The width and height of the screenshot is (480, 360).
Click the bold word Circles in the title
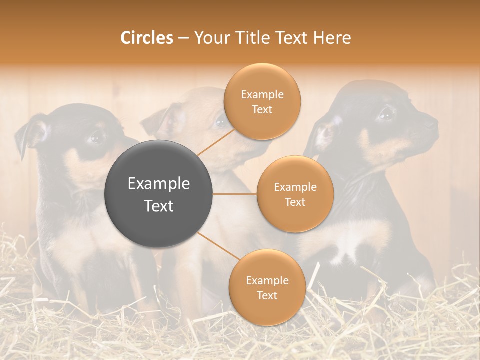tap(146, 37)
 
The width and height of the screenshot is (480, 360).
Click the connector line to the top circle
tap(216, 141)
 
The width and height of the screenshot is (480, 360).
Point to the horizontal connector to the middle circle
tap(235, 194)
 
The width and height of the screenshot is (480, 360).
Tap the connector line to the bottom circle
tap(218, 247)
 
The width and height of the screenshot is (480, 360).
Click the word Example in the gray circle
tap(159, 184)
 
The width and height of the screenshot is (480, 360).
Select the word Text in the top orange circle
tap(262, 109)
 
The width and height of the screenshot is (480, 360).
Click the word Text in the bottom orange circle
tap(267, 295)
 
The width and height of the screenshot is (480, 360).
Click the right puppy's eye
tap(385, 114)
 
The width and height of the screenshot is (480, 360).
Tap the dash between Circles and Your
tap(183, 38)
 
